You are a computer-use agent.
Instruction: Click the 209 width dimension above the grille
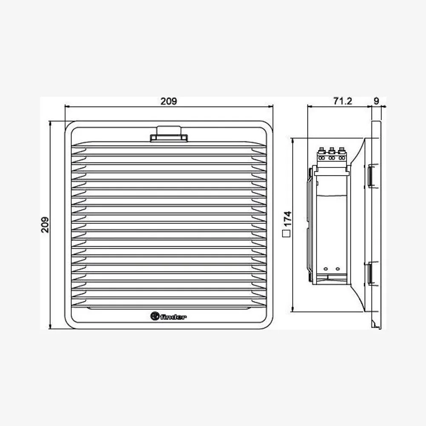[x=169, y=101]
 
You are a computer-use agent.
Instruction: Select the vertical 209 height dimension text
[x=45, y=225]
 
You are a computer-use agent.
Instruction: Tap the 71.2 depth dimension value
[x=343, y=101]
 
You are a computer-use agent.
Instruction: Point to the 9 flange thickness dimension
[x=376, y=101]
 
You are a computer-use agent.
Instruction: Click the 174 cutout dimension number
[x=287, y=219]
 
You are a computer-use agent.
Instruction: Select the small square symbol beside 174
[x=286, y=233]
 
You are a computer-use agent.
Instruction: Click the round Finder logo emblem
[x=155, y=316]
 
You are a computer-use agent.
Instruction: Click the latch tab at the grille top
[x=169, y=134]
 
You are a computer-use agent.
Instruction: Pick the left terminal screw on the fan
[x=322, y=150]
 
